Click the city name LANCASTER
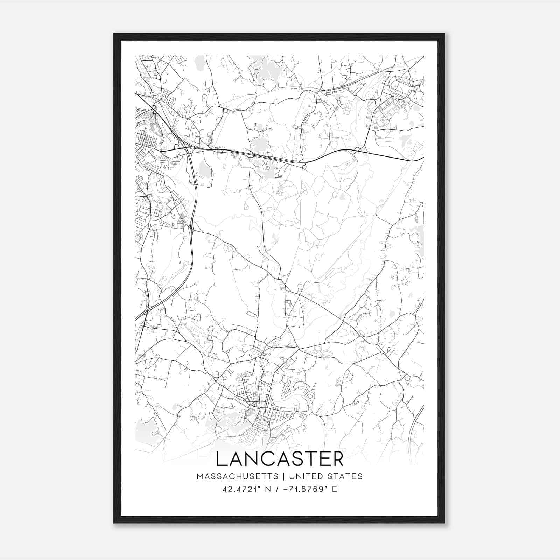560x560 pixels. point(280,459)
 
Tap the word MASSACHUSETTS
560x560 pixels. point(238,476)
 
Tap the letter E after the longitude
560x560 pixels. point(335,489)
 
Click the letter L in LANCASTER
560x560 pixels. point(222,459)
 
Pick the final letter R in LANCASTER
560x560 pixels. point(338,459)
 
